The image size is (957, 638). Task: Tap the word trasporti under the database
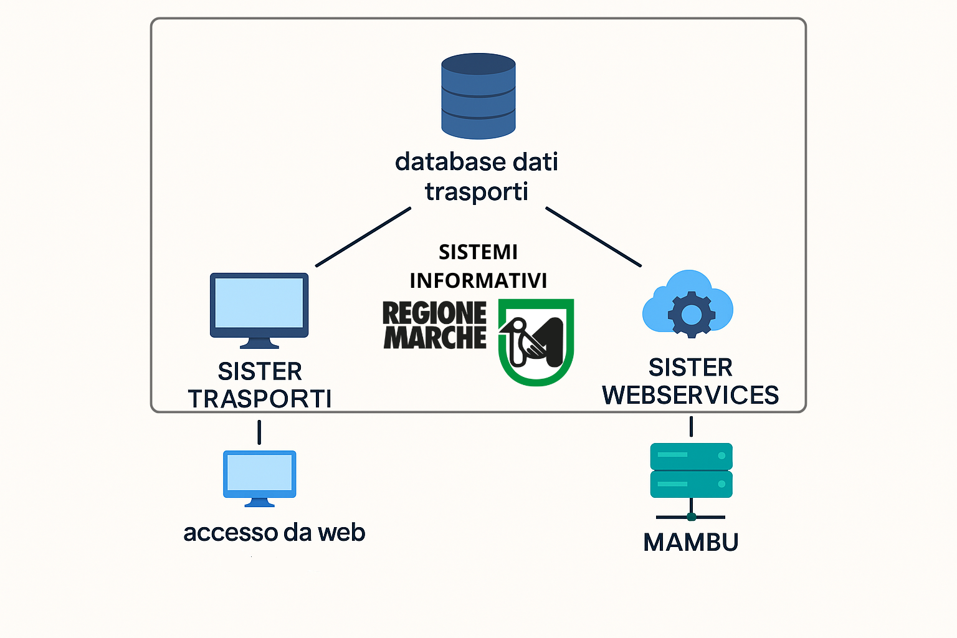coord(477,191)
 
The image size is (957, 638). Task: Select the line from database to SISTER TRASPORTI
coord(363,237)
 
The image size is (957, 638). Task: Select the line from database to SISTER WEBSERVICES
coord(593,237)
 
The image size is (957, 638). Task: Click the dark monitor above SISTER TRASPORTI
coord(259,305)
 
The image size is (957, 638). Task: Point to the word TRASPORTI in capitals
coord(260,399)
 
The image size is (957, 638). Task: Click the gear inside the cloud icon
coord(691,314)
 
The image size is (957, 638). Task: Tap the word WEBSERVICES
coord(690,396)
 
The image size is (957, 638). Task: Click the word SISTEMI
coord(478,252)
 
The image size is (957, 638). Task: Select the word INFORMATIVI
coord(478,281)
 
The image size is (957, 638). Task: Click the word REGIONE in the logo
coord(434,313)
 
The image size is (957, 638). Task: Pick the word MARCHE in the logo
coord(434,337)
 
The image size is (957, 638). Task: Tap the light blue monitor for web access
coord(259,475)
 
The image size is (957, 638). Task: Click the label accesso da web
coord(274,533)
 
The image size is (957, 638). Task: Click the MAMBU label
coord(690,543)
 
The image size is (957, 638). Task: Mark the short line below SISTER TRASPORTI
coord(259,432)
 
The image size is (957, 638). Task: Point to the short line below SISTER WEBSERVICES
coord(691,426)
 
